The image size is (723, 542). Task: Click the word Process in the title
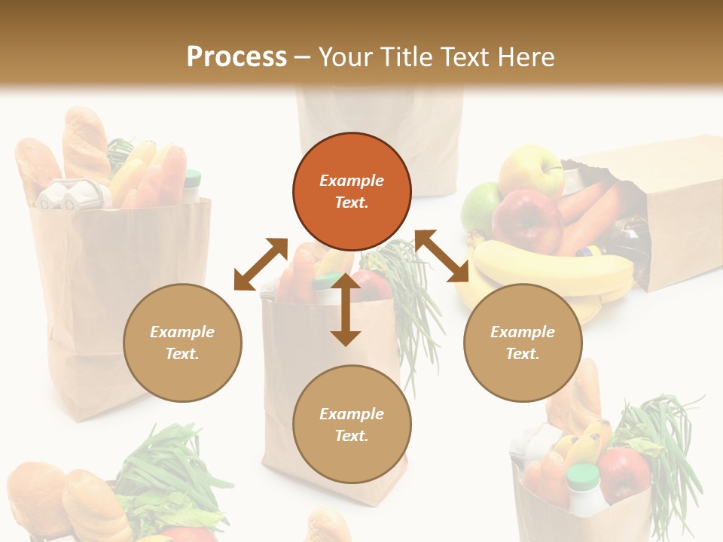(236, 56)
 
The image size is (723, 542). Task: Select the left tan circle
(182, 343)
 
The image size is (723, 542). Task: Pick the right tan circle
(523, 343)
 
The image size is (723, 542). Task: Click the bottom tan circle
(352, 425)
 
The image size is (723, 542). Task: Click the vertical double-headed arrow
(346, 309)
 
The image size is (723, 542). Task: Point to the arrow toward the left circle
(261, 263)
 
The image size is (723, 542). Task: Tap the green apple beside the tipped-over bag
(480, 206)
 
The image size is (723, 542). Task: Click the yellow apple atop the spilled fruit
(531, 170)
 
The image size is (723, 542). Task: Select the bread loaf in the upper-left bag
(86, 143)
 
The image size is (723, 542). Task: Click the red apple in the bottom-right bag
(623, 474)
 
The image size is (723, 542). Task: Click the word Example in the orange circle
(352, 181)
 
